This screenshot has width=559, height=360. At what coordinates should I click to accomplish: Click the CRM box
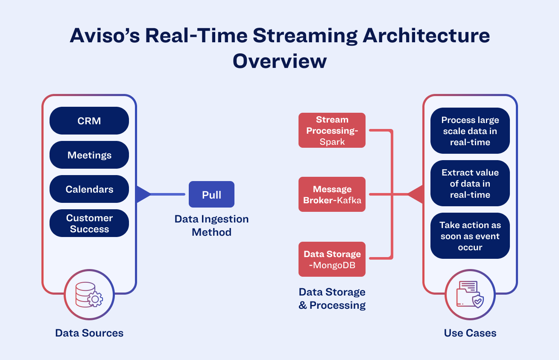89,121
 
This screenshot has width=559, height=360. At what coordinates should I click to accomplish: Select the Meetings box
89,155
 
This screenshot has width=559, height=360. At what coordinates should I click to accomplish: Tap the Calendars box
89,189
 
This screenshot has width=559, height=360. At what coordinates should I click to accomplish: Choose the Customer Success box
89,223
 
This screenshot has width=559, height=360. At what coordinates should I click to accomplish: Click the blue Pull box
211,195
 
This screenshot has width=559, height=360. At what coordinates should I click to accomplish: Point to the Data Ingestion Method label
211,225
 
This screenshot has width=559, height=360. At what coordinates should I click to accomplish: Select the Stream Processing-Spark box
332,130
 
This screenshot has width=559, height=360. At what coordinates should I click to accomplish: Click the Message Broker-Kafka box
332,194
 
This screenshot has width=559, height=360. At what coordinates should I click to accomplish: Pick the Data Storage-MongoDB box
332,259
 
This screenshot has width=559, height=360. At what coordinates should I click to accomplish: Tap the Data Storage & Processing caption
332,299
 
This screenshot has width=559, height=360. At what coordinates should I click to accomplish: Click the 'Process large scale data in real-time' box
470,131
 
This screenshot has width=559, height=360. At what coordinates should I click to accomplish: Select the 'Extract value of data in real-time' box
470,184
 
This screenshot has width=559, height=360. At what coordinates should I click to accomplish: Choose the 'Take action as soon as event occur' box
470,236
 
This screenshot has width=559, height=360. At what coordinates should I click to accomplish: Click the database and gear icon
89,295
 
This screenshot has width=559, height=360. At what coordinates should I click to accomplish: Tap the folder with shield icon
470,295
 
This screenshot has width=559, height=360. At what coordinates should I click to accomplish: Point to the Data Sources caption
89,333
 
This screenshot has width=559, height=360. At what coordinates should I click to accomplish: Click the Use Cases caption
470,333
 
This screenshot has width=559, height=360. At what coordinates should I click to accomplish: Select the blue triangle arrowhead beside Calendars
142,194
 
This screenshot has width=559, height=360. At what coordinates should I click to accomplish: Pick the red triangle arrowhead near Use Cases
416,194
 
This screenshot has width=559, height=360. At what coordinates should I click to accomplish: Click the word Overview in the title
280,61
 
